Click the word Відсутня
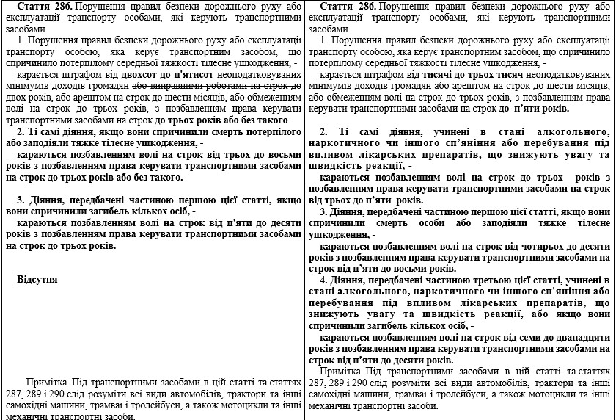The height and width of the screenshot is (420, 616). (x=37, y=280)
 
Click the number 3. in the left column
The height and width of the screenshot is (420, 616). (x=21, y=200)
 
